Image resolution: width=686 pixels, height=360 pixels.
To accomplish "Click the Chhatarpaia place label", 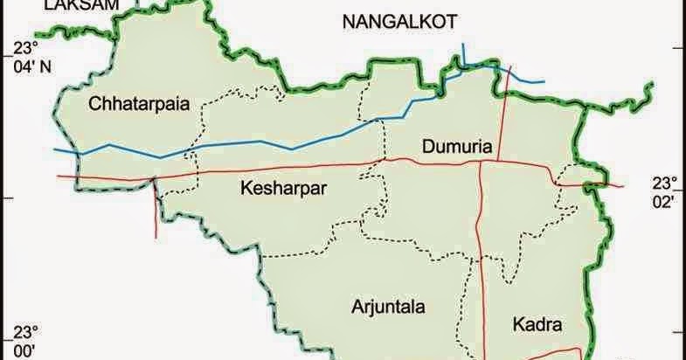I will click(x=139, y=106).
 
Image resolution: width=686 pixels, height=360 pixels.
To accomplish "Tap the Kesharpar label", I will click(x=277, y=186).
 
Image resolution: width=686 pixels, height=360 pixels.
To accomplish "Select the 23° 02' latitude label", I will click(x=662, y=192).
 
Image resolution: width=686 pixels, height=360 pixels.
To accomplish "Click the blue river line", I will click(x=262, y=142).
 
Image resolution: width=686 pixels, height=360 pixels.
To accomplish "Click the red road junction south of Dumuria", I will click(x=482, y=162).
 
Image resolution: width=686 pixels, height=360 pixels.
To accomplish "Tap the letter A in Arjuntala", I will click(x=357, y=307).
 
